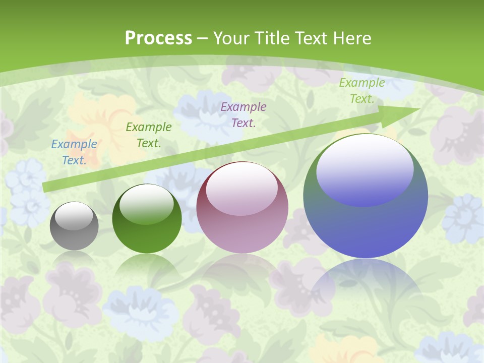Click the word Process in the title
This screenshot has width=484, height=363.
click(x=158, y=38)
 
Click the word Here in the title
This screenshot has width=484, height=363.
click(x=352, y=38)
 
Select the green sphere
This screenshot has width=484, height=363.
click(x=147, y=224)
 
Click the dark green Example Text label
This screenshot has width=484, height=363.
click(x=148, y=135)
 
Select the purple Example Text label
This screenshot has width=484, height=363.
click(x=244, y=114)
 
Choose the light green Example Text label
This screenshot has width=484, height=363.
click(x=362, y=91)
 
